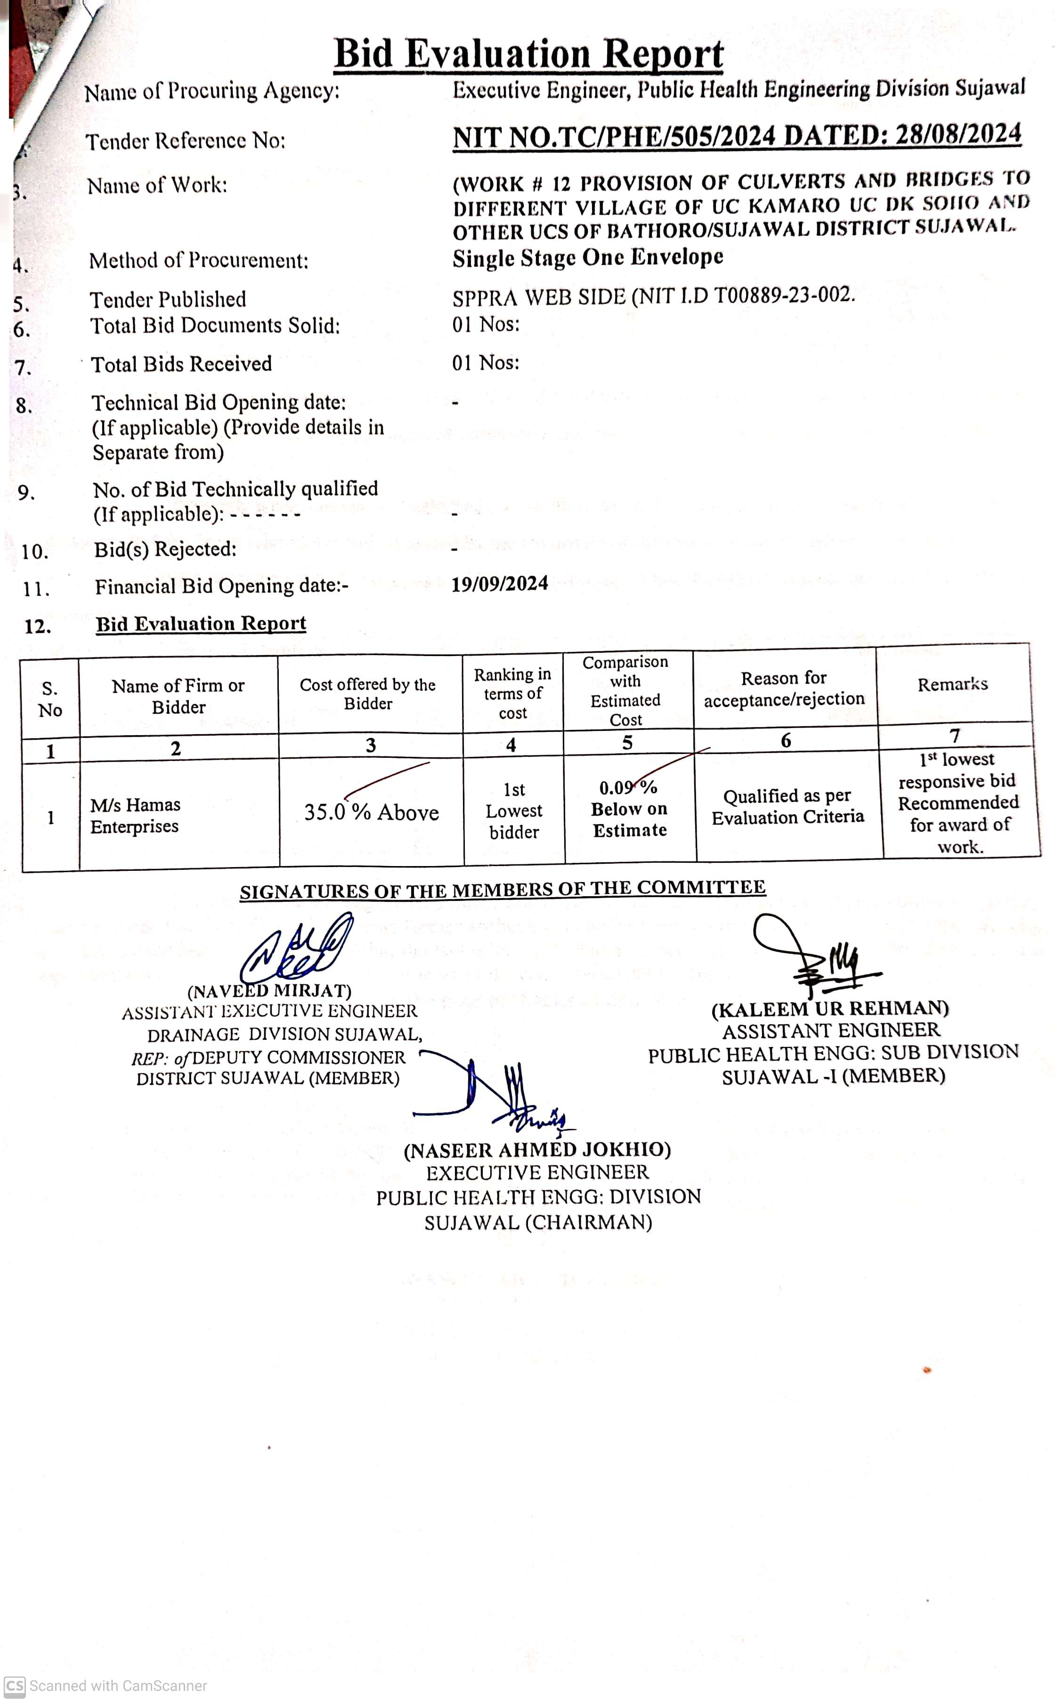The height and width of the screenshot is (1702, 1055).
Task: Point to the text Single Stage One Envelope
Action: tap(587, 258)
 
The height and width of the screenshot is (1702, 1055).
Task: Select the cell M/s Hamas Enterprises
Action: tap(135, 815)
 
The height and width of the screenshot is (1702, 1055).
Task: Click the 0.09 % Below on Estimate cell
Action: tap(629, 809)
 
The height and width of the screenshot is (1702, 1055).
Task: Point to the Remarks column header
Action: tap(952, 684)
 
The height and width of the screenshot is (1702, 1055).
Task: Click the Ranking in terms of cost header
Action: tap(513, 693)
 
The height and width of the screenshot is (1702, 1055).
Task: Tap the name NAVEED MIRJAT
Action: tap(269, 990)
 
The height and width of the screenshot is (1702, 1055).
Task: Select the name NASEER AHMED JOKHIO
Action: tap(537, 1150)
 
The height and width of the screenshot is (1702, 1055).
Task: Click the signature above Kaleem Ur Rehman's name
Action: tap(816, 956)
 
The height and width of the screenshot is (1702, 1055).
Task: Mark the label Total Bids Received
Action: tap(181, 364)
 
